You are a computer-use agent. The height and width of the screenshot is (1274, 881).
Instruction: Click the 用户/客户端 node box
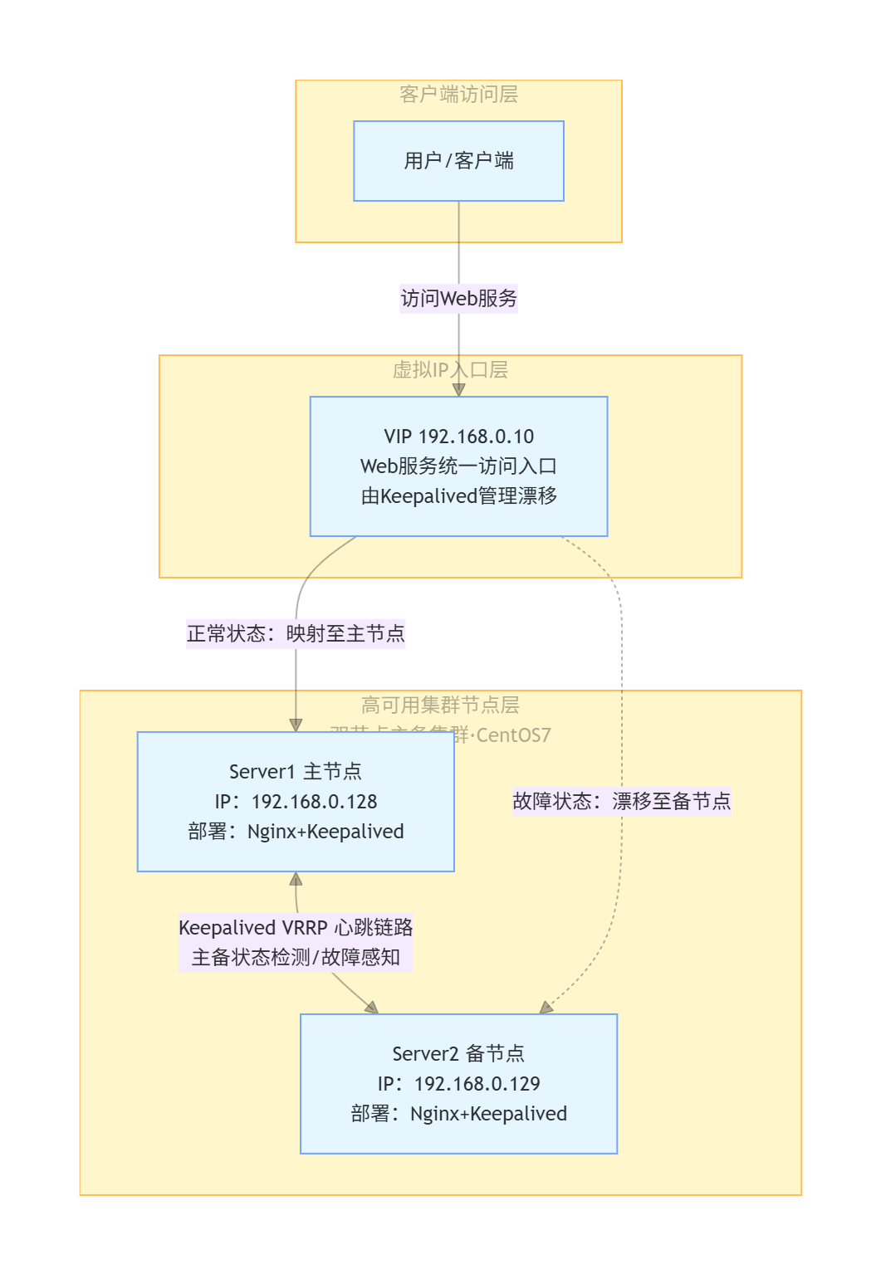point(458,161)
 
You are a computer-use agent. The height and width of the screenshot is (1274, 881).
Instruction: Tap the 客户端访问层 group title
point(458,95)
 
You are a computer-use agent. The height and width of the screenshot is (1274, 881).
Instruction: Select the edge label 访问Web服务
point(458,298)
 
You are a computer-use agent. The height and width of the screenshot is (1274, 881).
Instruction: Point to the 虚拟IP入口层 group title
point(450,370)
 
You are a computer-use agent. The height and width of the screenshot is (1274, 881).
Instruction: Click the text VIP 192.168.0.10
point(458,437)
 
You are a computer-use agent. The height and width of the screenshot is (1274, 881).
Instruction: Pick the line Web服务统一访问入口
point(458,466)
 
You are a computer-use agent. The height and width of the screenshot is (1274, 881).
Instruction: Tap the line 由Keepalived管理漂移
point(458,496)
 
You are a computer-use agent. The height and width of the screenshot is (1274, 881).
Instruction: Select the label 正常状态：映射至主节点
point(296,634)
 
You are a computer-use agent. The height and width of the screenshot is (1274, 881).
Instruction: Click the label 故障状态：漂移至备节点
point(621,801)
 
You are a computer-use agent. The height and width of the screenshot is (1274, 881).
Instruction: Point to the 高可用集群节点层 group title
point(440,705)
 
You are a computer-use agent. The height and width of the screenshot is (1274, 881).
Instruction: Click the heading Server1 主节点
point(296,772)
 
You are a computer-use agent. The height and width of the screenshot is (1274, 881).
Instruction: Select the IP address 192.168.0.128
point(314,802)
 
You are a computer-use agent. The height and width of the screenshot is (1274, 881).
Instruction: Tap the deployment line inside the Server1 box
point(296,832)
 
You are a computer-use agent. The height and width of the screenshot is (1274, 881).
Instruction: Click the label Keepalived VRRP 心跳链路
point(296,928)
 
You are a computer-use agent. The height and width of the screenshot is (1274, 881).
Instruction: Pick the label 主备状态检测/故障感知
point(296,958)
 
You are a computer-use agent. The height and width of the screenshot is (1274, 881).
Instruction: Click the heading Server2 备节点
point(458,1054)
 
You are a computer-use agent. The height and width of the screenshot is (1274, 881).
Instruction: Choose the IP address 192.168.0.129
point(477,1084)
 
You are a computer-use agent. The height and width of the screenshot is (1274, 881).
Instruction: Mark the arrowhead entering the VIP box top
point(458,389)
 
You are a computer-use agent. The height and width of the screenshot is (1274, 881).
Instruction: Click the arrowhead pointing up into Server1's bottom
point(296,879)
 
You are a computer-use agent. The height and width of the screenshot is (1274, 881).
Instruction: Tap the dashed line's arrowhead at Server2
point(546,1008)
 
